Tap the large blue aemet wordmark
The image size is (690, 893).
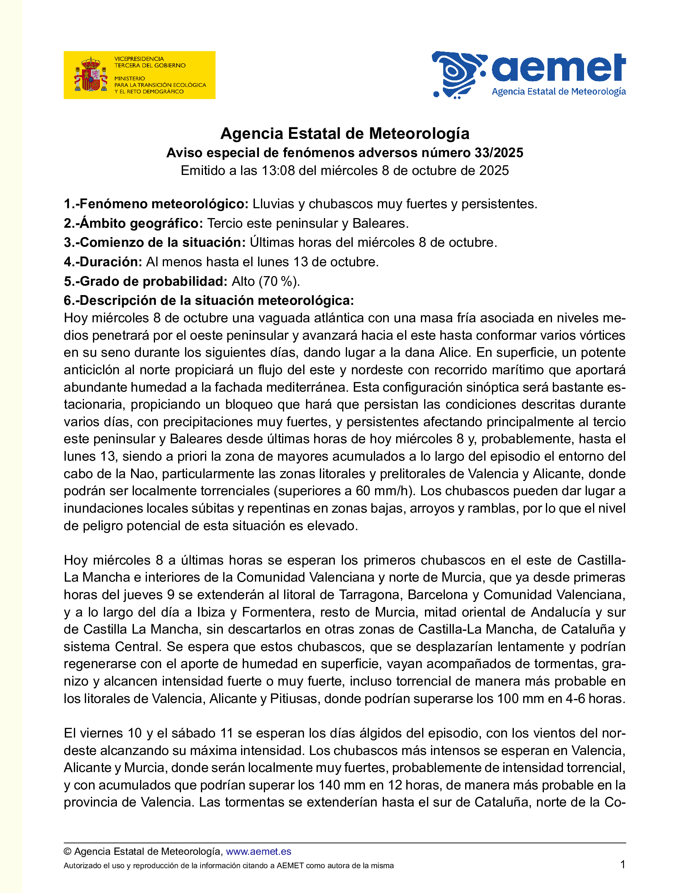pos(558,68)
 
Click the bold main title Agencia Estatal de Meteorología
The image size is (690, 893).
pos(345,134)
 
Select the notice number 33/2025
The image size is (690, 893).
pos(499,153)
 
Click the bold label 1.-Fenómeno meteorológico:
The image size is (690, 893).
pos(156,204)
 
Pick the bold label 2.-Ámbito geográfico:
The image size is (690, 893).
pos(133,223)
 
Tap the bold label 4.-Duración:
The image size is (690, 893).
pos(103,262)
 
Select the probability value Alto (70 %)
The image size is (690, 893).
pos(265,281)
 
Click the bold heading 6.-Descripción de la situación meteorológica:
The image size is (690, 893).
pos(209,300)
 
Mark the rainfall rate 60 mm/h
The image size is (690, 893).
pos(382,491)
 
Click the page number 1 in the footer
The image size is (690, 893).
pos(623,864)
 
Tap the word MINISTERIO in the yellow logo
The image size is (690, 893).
pos(129,78)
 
